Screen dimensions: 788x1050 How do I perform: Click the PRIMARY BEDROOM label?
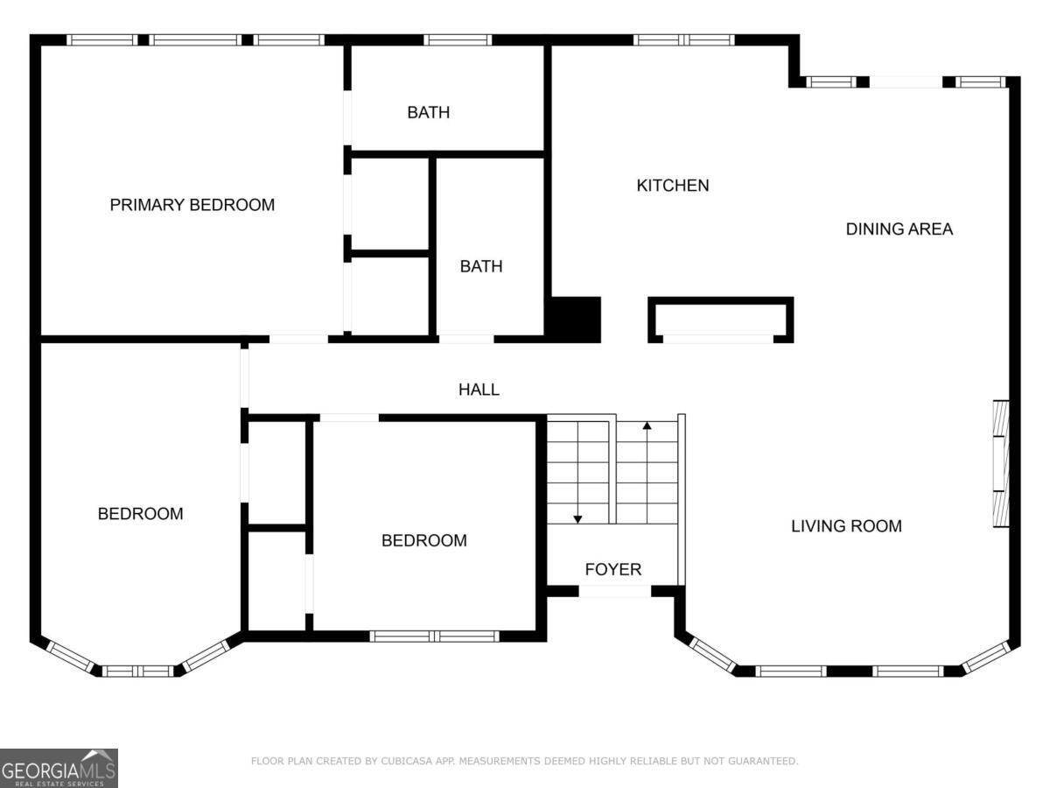click(x=192, y=205)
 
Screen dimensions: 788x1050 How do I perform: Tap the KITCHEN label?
click(x=672, y=186)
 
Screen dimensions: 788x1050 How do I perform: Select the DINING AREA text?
click(x=899, y=229)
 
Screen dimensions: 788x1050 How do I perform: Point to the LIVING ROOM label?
click(x=846, y=526)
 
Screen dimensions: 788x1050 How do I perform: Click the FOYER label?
click(x=612, y=570)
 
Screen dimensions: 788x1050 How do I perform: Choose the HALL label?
click(x=479, y=390)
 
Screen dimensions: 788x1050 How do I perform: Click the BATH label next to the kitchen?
click(x=481, y=266)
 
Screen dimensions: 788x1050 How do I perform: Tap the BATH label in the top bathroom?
click(x=428, y=113)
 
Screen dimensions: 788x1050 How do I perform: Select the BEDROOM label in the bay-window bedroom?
click(x=140, y=514)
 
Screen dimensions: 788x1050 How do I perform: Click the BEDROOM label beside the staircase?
click(x=423, y=541)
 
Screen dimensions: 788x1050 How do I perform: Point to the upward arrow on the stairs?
click(x=647, y=427)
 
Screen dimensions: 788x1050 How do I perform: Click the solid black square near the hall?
click(x=573, y=320)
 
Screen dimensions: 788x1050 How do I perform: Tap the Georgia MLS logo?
click(x=59, y=768)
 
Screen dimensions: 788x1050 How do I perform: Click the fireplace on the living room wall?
click(x=1000, y=464)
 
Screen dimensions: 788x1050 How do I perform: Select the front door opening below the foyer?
click(x=614, y=592)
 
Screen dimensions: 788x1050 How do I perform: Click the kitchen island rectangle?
click(x=720, y=320)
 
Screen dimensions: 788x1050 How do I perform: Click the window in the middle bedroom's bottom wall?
click(x=434, y=637)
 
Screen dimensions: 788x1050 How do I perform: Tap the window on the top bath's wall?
click(x=458, y=39)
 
